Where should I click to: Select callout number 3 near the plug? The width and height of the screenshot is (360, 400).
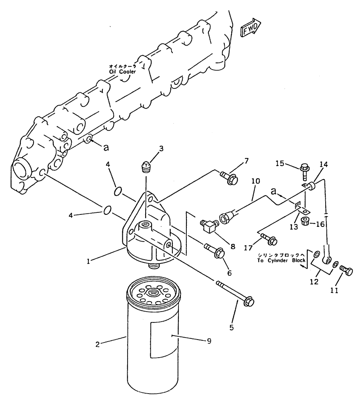(161, 149)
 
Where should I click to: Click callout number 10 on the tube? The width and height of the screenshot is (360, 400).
(256, 181)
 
